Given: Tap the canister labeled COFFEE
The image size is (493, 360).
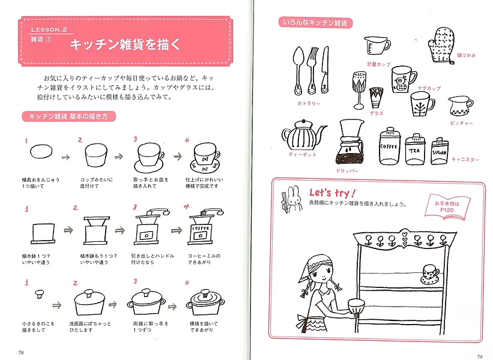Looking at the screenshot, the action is pos(390,146).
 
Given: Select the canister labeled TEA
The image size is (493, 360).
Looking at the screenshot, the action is pos(415,149).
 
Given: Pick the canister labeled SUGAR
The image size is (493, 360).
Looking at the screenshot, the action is pos(439,151).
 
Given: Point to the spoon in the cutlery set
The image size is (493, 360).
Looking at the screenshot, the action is pos(298,71).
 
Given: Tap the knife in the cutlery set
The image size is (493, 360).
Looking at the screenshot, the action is pos(325,70).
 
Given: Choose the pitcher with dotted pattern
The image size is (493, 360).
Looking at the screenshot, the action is pos(461,106).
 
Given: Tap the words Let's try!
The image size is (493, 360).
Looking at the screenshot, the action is pos(332,193).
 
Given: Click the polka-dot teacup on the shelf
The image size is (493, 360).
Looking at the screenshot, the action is pos(430,274).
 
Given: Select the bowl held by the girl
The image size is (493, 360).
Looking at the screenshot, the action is pos(356,306).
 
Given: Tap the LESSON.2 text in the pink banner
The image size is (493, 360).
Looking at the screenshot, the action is pos(49,29).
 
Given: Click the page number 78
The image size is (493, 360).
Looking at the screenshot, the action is pos(21,352).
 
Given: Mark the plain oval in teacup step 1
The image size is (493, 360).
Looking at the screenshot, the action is pos(41,151).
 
